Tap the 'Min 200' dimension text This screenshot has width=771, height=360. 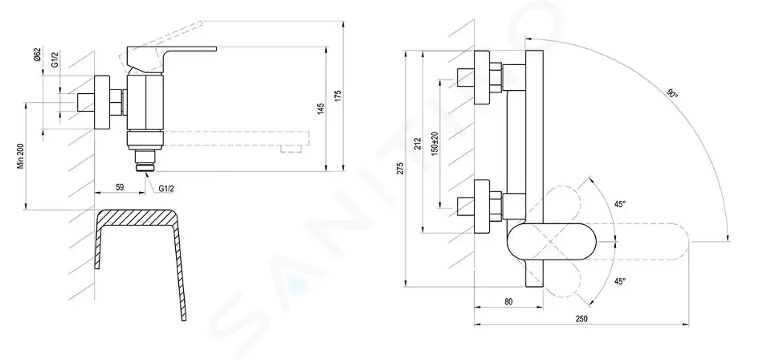point(21,157)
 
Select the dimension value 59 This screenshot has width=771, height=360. point(120,187)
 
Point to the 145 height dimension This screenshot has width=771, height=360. point(320,109)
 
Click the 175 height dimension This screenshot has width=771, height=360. point(337,96)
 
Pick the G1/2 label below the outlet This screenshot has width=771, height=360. point(166,189)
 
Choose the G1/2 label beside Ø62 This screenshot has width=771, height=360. point(55,59)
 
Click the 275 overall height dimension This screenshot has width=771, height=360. point(400,168)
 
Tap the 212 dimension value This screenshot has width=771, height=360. point(418,143)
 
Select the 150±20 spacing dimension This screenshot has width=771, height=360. point(434,144)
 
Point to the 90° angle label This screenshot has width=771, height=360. point(672,93)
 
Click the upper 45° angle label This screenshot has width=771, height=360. point(620,204)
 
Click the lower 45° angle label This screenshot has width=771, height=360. point(620,281)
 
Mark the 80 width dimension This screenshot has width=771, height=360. point(508,301)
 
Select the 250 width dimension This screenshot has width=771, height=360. point(581,319)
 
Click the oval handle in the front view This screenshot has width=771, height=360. point(551,242)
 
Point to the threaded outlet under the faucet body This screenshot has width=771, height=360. point(145,160)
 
